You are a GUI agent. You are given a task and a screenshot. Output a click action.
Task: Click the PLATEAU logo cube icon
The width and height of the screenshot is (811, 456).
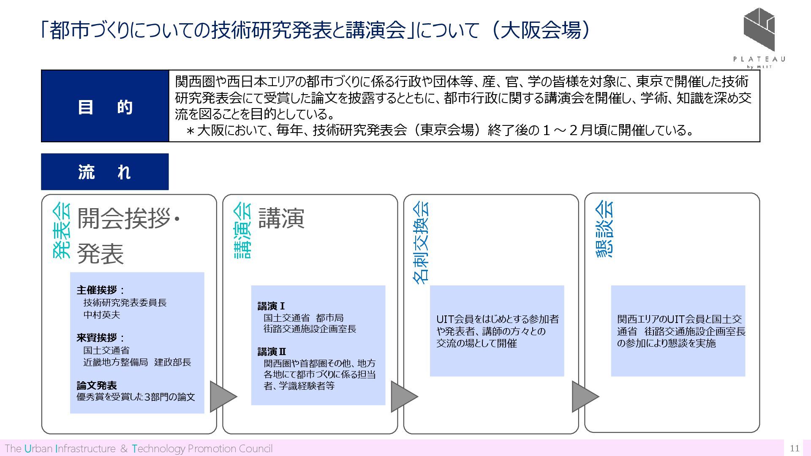[759, 30]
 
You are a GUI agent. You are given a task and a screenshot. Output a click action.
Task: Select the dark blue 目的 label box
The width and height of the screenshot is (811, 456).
[105, 106]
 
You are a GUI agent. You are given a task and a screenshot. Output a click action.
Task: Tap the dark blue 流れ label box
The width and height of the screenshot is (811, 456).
[105, 172]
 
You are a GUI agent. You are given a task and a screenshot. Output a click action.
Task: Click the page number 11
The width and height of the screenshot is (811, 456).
[794, 448]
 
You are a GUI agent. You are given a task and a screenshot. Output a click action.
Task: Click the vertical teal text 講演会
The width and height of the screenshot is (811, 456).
[242, 231]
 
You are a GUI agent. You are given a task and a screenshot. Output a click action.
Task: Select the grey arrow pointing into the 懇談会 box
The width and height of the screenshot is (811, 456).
[585, 396]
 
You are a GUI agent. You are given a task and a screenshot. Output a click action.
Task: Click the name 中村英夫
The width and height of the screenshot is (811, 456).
[102, 315]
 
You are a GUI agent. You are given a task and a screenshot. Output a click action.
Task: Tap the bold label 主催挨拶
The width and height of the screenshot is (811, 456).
[97, 290]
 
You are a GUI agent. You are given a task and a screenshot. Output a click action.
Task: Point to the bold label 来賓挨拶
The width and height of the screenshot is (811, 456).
[97, 338]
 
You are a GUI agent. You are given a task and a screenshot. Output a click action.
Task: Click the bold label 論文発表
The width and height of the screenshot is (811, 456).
[97, 385]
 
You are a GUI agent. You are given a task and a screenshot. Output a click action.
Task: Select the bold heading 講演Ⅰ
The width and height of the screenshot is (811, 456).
[271, 306]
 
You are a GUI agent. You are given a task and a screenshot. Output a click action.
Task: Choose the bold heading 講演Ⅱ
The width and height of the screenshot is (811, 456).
[272, 352]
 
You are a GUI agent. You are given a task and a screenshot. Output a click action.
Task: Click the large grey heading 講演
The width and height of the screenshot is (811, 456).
[281, 219]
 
